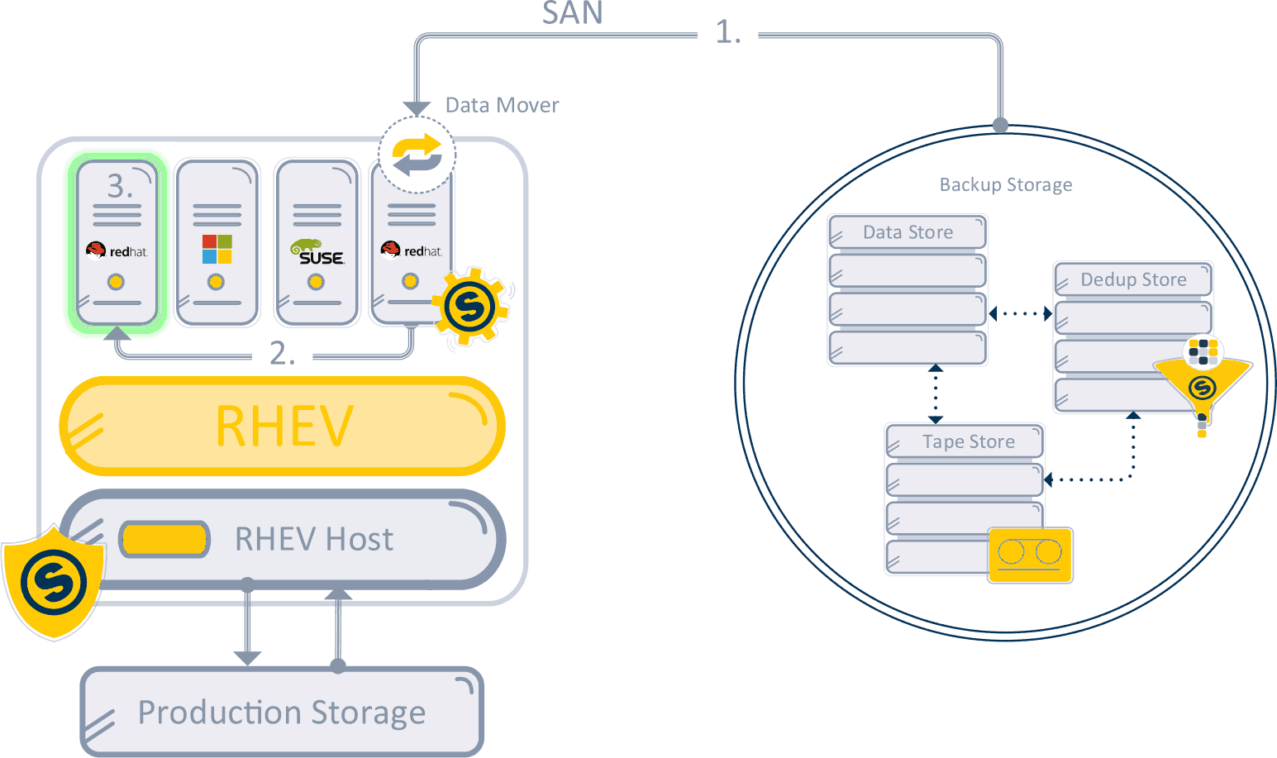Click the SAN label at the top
tap(572, 12)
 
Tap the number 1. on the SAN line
tap(728, 32)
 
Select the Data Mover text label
tap(502, 106)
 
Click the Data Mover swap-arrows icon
tap(417, 155)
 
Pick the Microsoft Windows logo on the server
tap(217, 249)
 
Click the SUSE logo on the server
tap(317, 252)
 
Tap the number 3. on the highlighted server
tap(120, 186)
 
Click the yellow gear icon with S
tap(470, 306)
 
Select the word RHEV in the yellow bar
tap(284, 426)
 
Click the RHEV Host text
tap(314, 539)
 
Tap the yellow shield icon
tap(54, 582)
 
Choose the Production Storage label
tap(282, 713)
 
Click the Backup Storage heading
tap(1006, 184)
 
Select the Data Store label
tap(908, 232)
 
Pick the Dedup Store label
tap(1133, 279)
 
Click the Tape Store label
tap(969, 441)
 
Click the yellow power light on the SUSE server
tap(316, 282)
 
